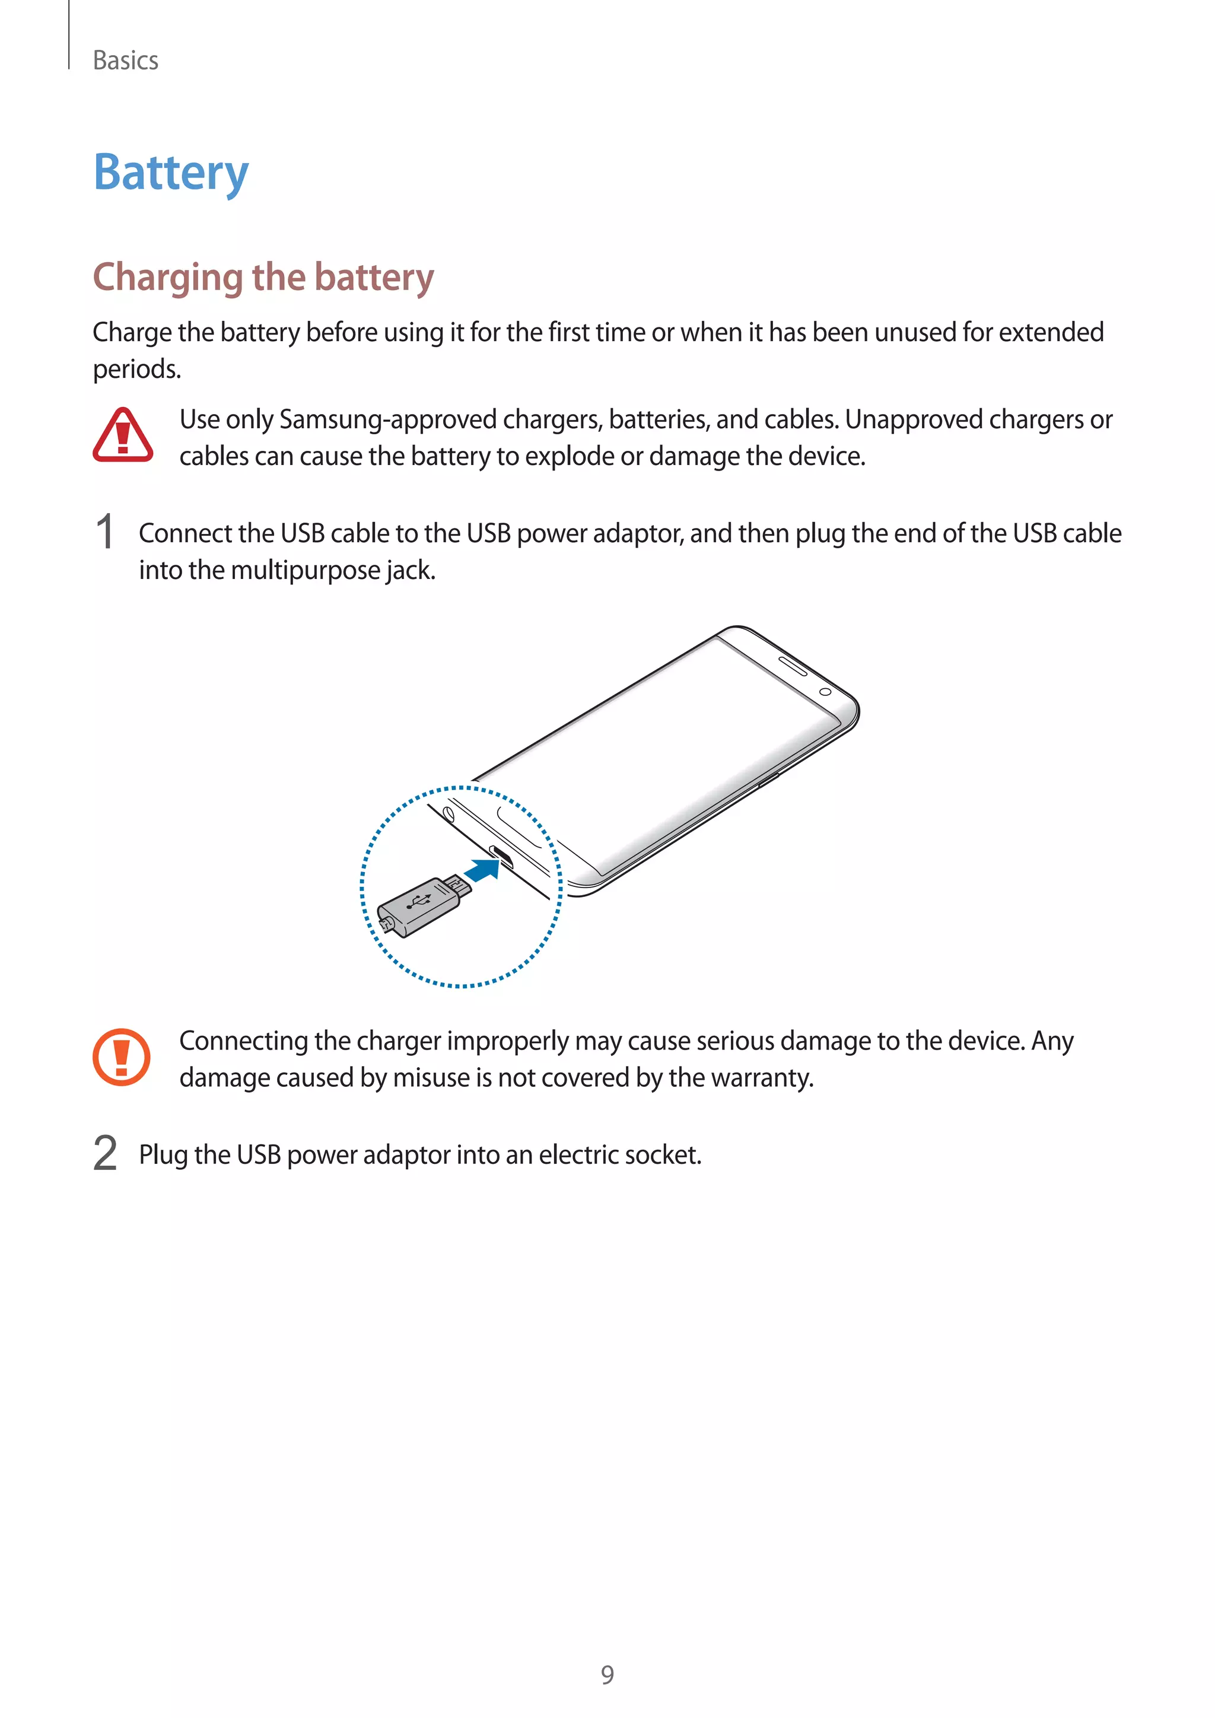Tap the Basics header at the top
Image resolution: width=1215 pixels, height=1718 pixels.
pos(126,61)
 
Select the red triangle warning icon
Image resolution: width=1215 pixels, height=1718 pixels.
pos(123,436)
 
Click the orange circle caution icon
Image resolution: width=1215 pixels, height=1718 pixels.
pos(121,1057)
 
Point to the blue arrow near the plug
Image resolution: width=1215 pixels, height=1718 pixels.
pos(482,870)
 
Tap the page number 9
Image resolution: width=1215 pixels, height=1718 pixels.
pos(607,1675)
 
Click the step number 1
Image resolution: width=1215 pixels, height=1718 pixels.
pos(106,533)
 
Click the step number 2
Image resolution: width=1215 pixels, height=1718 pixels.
pos(106,1153)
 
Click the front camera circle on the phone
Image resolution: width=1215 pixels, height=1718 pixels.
pos(825,691)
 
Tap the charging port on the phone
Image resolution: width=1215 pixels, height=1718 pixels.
pos(500,854)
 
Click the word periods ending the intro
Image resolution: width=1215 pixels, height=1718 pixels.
pos(136,370)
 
